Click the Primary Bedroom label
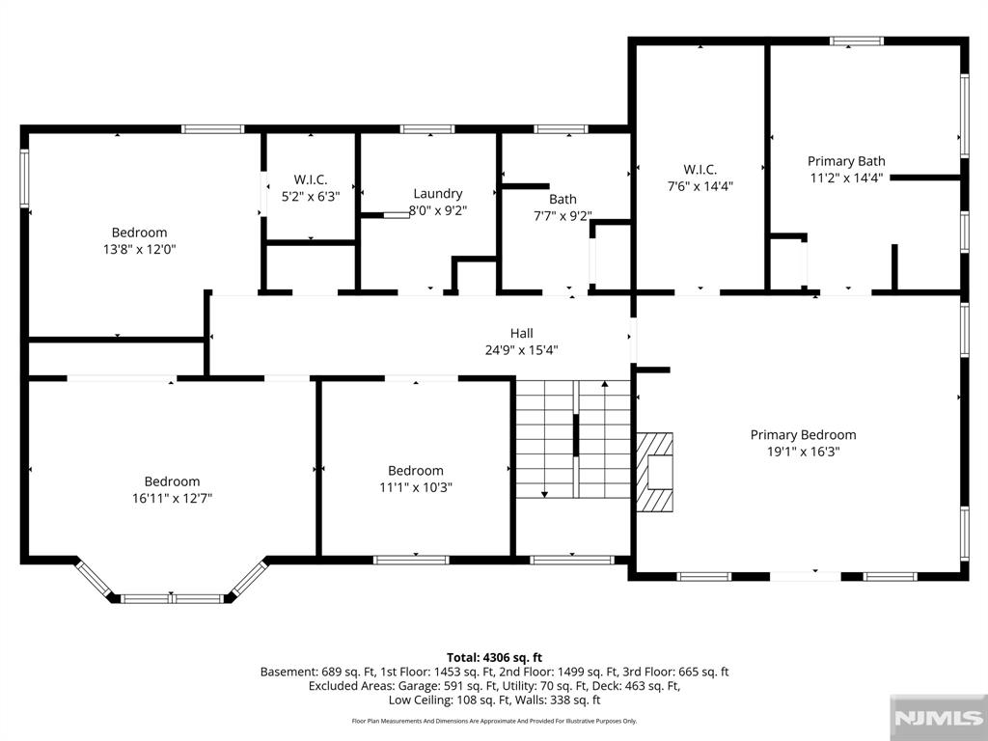pos(803,435)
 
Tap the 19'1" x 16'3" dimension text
pos(804,452)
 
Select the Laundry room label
pos(438,193)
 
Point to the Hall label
pos(522,333)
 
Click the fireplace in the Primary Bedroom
pos(655,472)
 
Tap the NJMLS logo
pos(938,718)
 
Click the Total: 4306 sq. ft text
pos(495,658)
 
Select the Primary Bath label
pos(846,161)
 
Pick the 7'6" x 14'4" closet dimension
pos(700,186)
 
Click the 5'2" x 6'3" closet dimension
pos(311,197)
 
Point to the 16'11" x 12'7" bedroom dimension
pos(172,499)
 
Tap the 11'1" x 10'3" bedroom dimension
pos(416,487)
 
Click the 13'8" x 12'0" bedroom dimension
pos(139,250)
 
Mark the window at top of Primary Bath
pos(857,41)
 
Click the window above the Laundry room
pos(427,129)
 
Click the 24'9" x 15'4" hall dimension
pos(522,350)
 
